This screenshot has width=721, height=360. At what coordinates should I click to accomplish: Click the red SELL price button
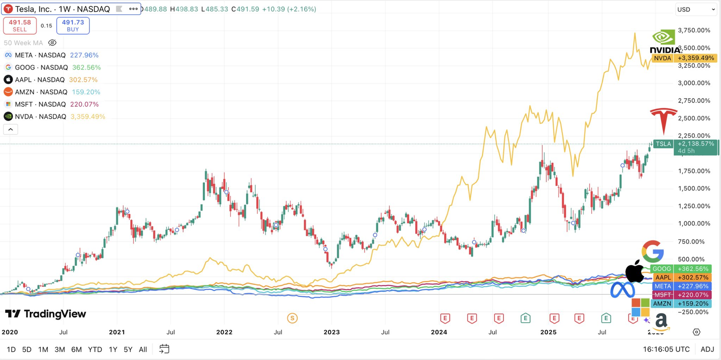click(x=20, y=25)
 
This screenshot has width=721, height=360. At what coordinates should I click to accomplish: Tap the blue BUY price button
click(x=73, y=25)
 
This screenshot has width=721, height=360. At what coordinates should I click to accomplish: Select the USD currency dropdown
click(x=695, y=10)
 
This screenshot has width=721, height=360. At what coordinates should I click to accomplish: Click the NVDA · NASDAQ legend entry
click(x=41, y=117)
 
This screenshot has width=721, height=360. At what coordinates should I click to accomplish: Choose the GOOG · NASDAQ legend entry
click(x=41, y=67)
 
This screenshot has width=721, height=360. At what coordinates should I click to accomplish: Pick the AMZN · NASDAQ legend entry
click(x=41, y=92)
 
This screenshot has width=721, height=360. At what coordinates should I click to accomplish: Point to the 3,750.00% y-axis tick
click(x=694, y=30)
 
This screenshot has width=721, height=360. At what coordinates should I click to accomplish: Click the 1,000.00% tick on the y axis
click(x=694, y=223)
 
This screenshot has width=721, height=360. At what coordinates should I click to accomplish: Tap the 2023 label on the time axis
click(x=332, y=332)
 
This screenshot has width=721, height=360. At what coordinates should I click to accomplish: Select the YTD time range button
click(x=95, y=349)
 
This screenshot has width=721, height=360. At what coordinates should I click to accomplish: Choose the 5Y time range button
click(x=128, y=349)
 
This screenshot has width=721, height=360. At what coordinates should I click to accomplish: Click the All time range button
click(x=143, y=349)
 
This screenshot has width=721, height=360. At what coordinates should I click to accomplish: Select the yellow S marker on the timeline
click(x=292, y=318)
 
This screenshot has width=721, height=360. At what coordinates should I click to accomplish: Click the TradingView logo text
click(x=46, y=314)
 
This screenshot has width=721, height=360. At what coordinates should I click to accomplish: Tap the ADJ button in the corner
click(x=707, y=349)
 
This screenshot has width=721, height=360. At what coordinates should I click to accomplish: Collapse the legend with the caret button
click(x=11, y=129)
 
